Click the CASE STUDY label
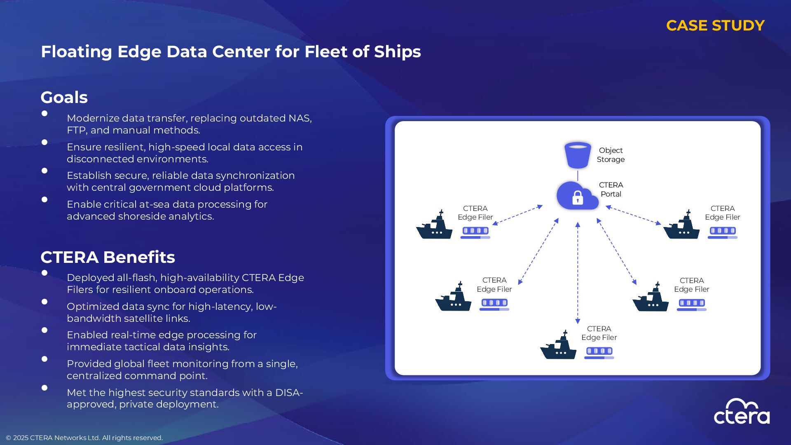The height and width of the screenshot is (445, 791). pyautogui.click(x=715, y=26)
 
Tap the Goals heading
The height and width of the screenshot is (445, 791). pyautogui.click(x=64, y=98)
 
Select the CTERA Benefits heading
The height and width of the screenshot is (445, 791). pyautogui.click(x=108, y=257)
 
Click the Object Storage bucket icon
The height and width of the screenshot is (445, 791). pyautogui.click(x=578, y=155)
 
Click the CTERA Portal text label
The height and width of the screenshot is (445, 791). pyautogui.click(x=611, y=190)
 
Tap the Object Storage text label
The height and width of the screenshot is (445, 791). pyautogui.click(x=611, y=155)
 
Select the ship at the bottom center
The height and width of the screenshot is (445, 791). pyautogui.click(x=558, y=346)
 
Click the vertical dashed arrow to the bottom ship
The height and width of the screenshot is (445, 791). pyautogui.click(x=578, y=272)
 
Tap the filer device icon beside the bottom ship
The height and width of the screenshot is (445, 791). pyautogui.click(x=599, y=353)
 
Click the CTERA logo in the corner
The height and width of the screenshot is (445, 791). pyautogui.click(x=742, y=412)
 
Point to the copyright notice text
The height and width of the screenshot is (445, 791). pyautogui.click(x=84, y=438)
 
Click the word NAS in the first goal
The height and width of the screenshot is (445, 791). pyautogui.click(x=300, y=118)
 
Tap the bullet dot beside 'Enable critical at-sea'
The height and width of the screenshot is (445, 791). pyautogui.click(x=44, y=200)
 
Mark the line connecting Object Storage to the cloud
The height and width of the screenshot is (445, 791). pyautogui.click(x=578, y=176)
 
